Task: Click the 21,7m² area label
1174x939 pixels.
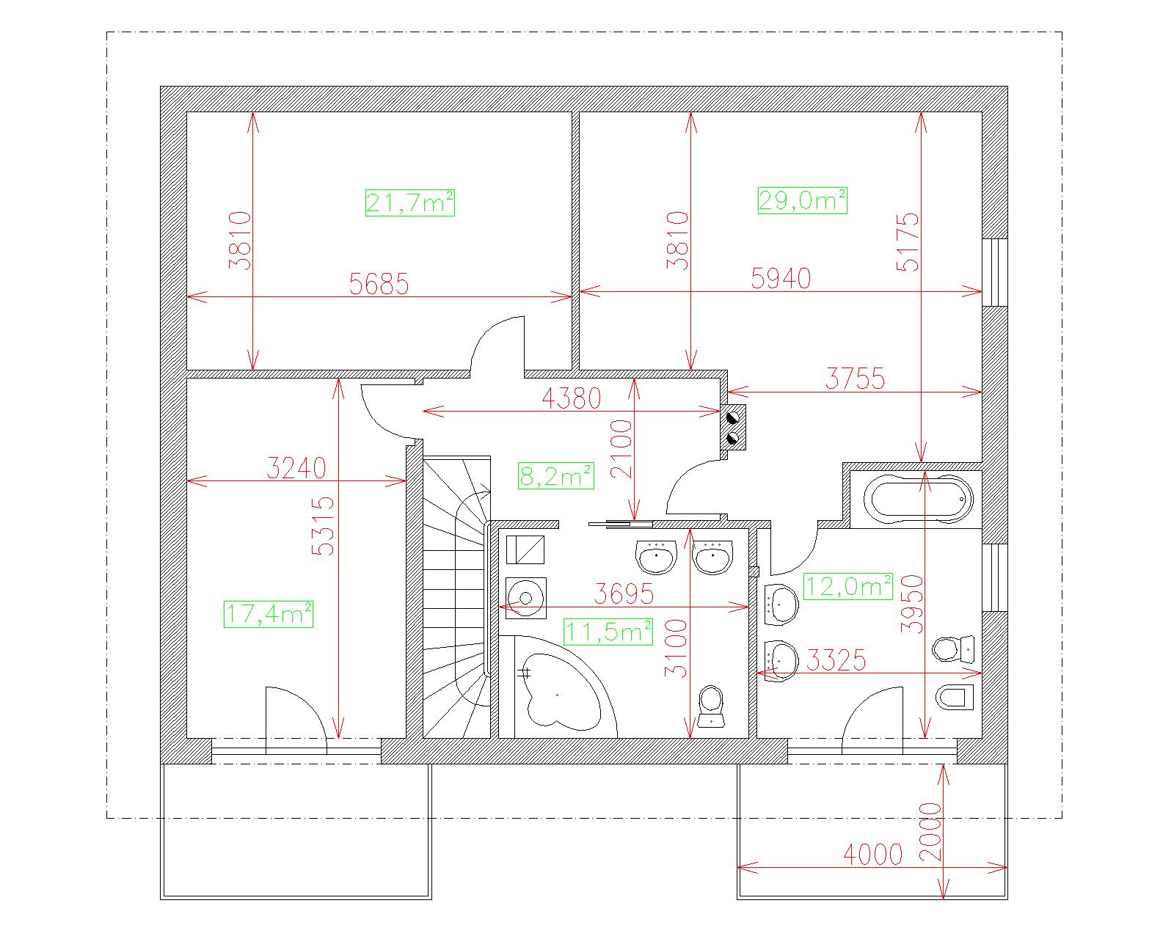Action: pyautogui.click(x=409, y=203)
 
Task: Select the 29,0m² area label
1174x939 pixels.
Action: pyautogui.click(x=802, y=200)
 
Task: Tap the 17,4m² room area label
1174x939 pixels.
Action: pyautogui.click(x=269, y=614)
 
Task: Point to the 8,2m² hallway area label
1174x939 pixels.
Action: pyautogui.click(x=555, y=476)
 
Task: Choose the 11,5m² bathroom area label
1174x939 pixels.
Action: pyautogui.click(x=608, y=632)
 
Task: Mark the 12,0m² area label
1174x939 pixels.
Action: pyautogui.click(x=847, y=586)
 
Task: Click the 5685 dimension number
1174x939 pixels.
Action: pyautogui.click(x=379, y=284)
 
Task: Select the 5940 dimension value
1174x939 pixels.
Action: pyautogui.click(x=781, y=278)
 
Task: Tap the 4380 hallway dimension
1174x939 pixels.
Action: pyautogui.click(x=571, y=398)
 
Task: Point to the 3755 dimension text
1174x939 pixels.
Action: pyautogui.click(x=855, y=379)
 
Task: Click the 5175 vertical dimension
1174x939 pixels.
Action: pyautogui.click(x=908, y=241)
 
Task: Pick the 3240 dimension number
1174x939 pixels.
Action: pyautogui.click(x=296, y=468)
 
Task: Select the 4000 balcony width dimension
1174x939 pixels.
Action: pyautogui.click(x=873, y=855)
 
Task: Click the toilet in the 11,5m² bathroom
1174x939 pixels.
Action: pyautogui.click(x=711, y=706)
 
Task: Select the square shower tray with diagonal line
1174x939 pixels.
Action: pyautogui.click(x=525, y=549)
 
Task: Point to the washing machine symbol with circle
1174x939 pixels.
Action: pyautogui.click(x=525, y=598)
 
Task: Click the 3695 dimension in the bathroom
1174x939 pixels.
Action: pyautogui.click(x=624, y=593)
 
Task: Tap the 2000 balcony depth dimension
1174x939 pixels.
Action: pyautogui.click(x=930, y=831)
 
